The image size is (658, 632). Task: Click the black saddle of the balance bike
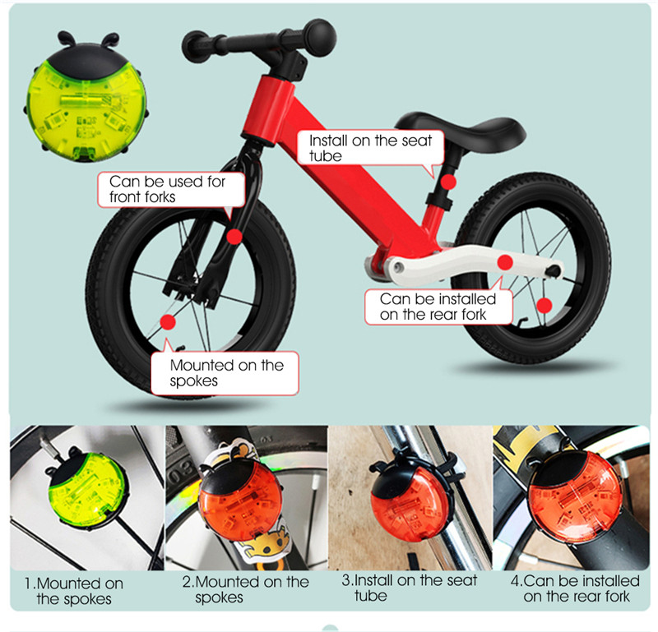(461, 129)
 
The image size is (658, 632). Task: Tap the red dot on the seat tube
(448, 182)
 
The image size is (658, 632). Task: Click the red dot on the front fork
(234, 237)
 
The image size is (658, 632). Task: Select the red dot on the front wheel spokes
(168, 322)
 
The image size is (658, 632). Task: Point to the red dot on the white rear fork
(505, 262)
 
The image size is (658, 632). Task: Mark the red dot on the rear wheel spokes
(544, 306)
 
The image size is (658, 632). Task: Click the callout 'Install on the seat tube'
(371, 148)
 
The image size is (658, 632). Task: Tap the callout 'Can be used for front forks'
(171, 189)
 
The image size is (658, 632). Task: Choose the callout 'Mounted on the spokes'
(225, 373)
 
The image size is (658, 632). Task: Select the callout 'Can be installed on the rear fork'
(438, 307)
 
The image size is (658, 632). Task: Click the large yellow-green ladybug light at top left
(86, 99)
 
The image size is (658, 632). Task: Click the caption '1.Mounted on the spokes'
(74, 591)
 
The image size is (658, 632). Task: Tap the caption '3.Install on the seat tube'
(410, 588)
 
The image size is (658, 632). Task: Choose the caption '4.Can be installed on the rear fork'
(575, 588)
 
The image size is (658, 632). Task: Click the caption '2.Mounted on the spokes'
(245, 589)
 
